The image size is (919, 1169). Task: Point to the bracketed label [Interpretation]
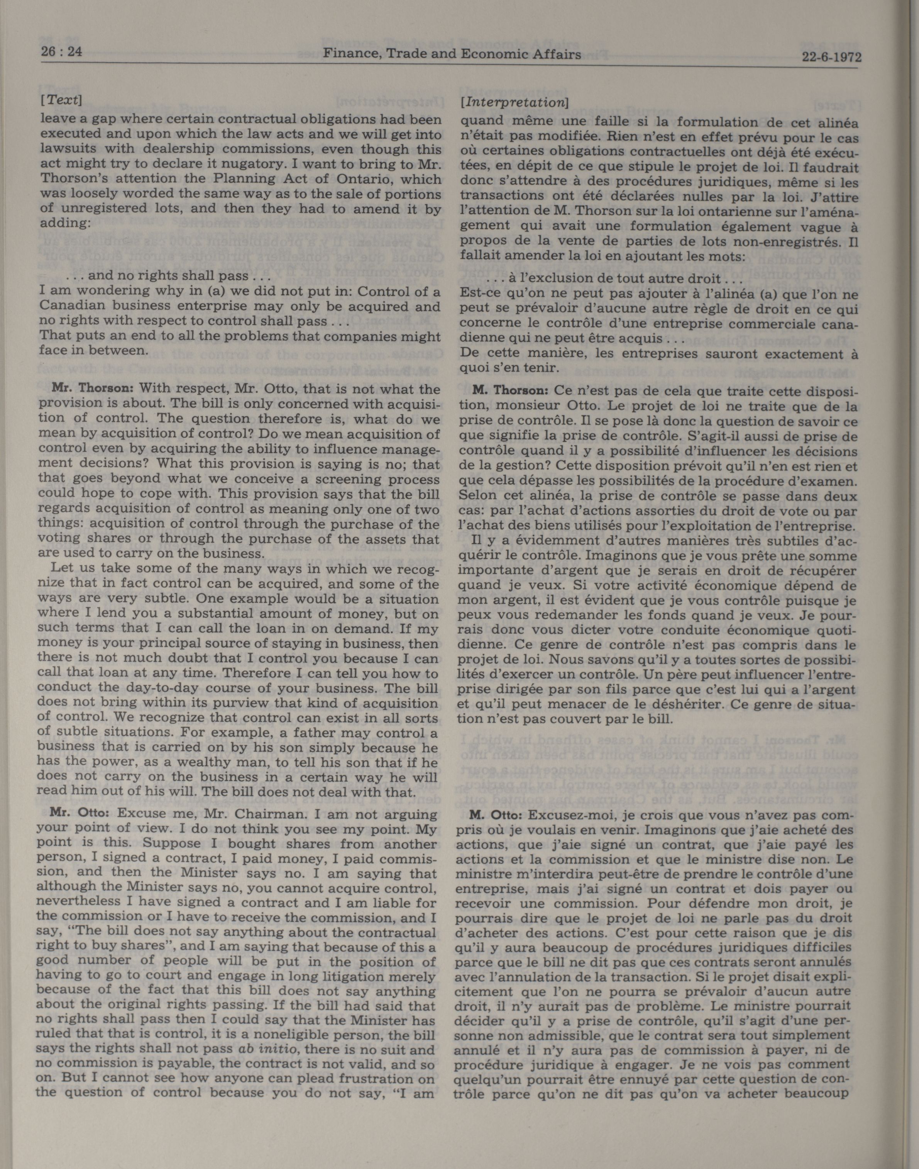pos(515,101)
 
